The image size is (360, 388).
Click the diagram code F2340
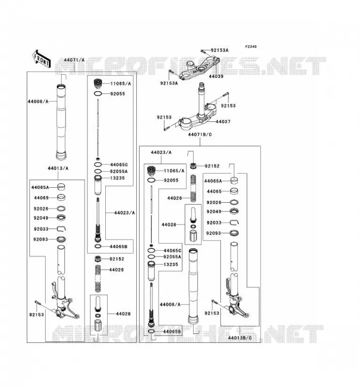251,47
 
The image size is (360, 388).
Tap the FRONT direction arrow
41,59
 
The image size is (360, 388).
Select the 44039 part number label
216,76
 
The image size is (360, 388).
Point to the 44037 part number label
223,122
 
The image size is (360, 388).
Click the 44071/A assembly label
74,60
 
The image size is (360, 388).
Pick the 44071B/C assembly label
200,134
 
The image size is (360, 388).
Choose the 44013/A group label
58,168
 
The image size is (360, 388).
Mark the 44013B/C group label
240,338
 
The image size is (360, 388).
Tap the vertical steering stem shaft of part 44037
201,99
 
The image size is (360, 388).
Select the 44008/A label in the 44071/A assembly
38,101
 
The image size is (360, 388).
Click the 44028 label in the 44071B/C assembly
169,225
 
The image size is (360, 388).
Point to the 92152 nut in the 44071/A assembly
98,259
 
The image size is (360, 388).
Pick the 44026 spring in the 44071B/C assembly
194,188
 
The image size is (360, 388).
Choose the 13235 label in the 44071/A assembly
117,178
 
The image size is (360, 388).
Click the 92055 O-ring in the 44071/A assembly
98,94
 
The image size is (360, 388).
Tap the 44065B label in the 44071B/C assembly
172,332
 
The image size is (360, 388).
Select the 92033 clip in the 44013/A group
62,228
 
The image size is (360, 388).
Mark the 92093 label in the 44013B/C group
213,233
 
